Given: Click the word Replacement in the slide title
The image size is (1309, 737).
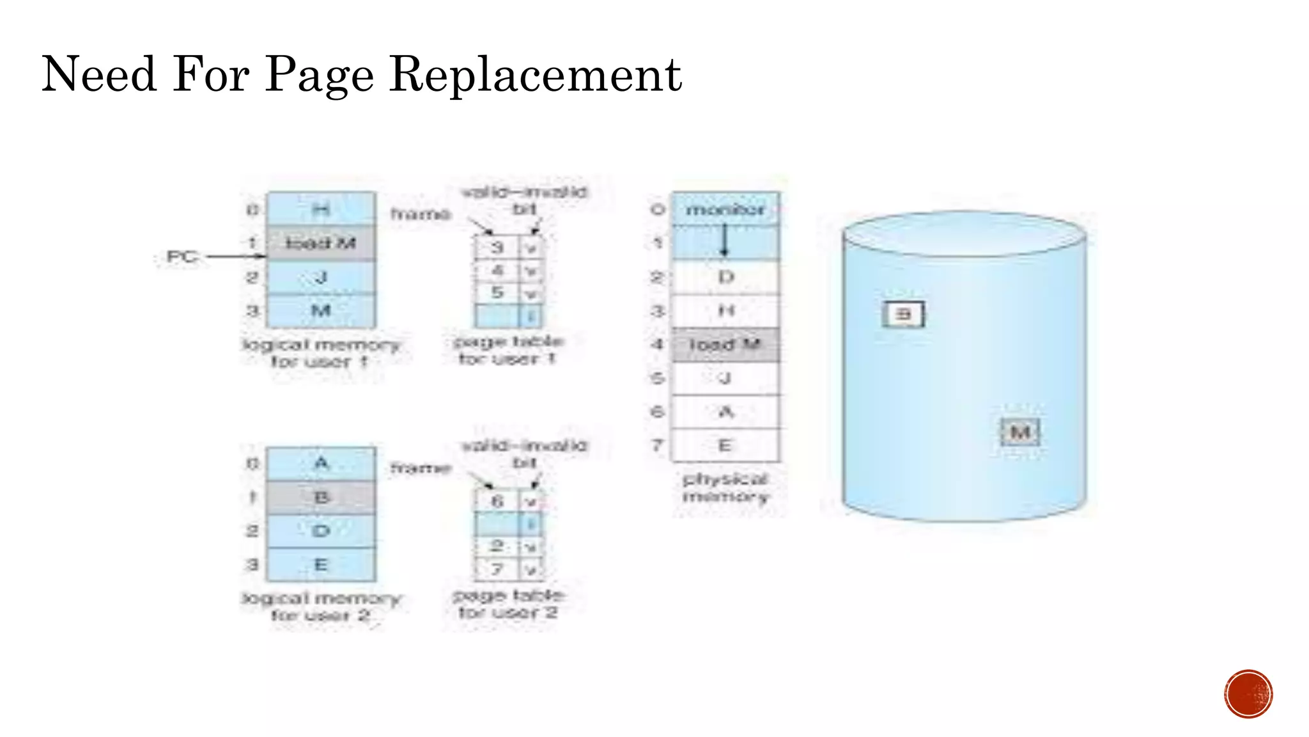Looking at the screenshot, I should click(x=536, y=75).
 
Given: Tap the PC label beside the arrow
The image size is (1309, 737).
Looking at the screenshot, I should click(x=181, y=257).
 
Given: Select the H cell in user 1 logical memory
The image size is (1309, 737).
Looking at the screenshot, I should click(x=321, y=209).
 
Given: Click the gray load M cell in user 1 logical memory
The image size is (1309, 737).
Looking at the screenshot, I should click(x=321, y=243).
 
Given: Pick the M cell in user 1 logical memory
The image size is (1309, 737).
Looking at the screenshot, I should click(x=321, y=311).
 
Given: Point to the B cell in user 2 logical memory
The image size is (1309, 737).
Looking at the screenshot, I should click(x=321, y=497).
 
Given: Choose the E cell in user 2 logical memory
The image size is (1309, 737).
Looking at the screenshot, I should click(x=321, y=565).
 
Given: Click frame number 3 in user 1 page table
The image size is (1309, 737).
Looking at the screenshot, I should click(x=497, y=247).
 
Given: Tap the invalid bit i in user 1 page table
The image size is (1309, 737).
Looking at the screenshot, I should click(x=531, y=315).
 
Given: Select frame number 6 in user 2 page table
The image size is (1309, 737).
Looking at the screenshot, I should click(x=497, y=501).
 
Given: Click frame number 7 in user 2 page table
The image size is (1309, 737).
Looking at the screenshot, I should click(x=497, y=569).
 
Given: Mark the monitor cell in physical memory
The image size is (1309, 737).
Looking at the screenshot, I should click(x=725, y=209).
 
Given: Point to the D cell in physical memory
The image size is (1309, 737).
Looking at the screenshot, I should click(x=725, y=277).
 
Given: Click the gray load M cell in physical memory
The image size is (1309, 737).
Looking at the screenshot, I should click(x=725, y=345).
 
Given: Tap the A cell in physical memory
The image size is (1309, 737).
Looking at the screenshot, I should click(x=725, y=412).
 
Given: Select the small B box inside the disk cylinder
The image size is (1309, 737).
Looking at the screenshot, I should click(x=903, y=314).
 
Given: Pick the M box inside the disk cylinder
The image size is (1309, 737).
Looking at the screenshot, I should click(x=1020, y=432).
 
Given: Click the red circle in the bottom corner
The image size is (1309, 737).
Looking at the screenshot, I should click(x=1248, y=694).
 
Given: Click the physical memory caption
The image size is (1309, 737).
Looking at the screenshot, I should click(x=725, y=487).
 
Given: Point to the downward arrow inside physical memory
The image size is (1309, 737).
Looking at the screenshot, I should click(x=724, y=241).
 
